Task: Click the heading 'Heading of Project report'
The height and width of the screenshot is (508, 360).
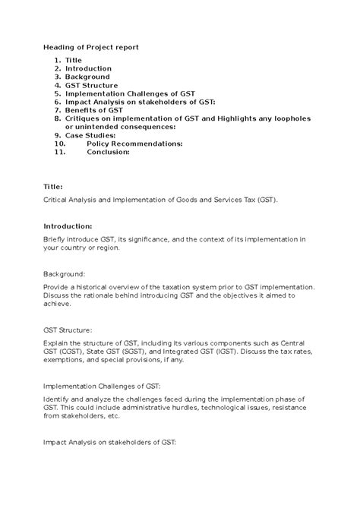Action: pyautogui.click(x=91, y=47)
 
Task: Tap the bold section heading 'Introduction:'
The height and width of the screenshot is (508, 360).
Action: pyautogui.click(x=68, y=226)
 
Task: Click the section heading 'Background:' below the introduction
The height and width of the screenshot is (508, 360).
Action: pyautogui.click(x=64, y=273)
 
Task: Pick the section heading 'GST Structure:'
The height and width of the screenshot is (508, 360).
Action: pyautogui.click(x=68, y=330)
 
